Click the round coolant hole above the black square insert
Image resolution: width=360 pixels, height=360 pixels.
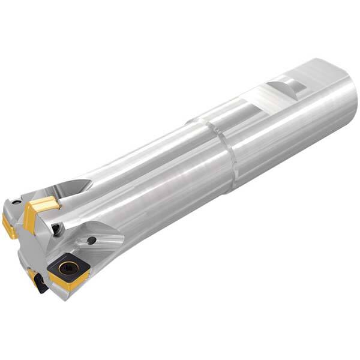[x=91, y=240]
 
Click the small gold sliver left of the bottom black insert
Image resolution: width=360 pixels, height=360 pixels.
[x=31, y=276]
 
